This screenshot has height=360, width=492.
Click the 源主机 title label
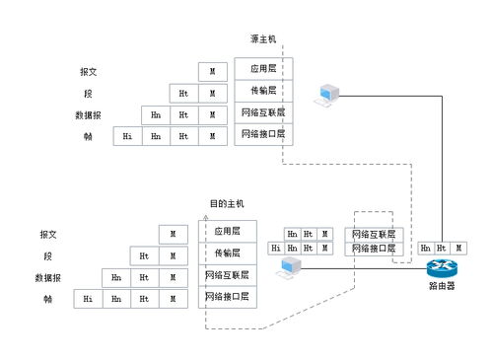pos(264,39)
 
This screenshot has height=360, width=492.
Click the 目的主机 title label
pos(226,203)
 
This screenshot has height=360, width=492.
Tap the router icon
pos(441,268)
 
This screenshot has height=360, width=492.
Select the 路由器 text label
pos(441,287)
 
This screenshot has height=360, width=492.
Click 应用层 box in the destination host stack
pos(229,231)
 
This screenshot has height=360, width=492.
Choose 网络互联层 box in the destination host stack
pos(229,274)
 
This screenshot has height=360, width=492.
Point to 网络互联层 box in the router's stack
pos(375,235)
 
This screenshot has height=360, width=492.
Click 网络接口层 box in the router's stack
pos(375,250)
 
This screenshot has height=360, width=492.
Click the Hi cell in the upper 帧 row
pos(127,136)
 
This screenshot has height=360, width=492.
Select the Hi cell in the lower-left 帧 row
pos(88,298)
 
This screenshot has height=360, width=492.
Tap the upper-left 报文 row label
pos(88,72)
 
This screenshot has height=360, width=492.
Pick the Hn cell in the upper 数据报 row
pos(156,114)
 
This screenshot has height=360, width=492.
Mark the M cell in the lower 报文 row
pos(173,234)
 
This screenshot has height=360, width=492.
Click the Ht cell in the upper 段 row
pos(183,94)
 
